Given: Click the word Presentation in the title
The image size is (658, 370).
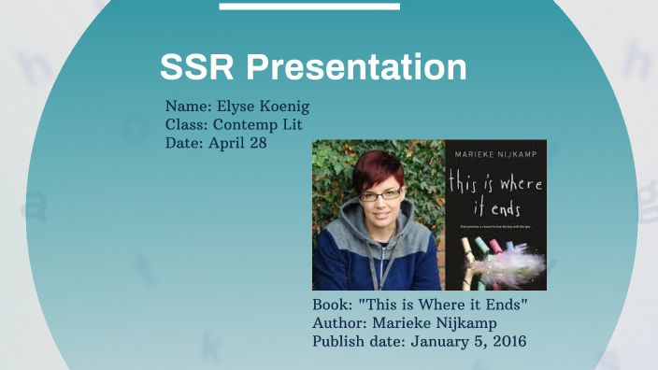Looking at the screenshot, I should point(356,67).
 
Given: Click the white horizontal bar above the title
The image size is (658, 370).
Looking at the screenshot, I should point(309,7).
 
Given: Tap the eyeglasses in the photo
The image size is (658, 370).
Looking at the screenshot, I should point(380,194).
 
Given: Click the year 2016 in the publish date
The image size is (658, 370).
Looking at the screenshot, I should point(506,341).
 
